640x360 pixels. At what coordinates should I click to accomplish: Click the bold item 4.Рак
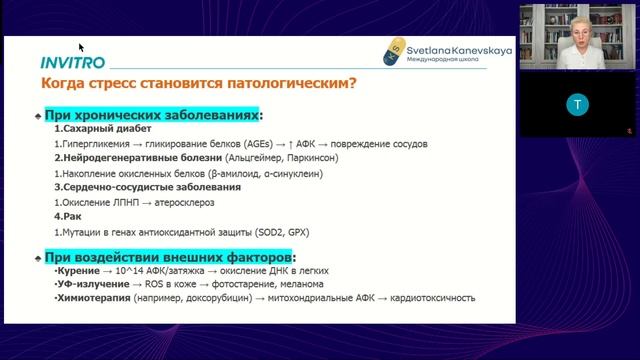(x=64, y=215)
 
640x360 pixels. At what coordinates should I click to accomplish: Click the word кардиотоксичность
(x=432, y=298)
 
